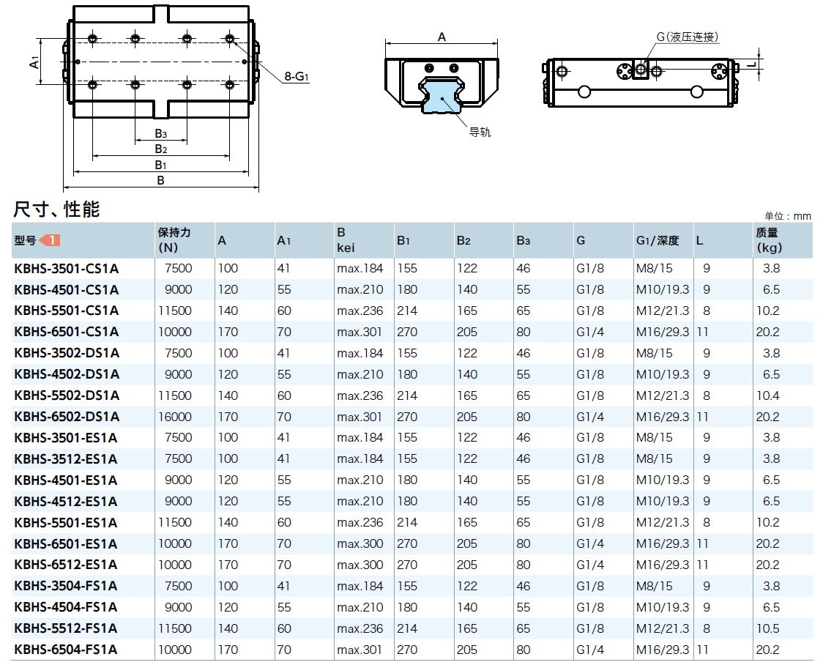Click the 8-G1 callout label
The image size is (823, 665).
click(x=297, y=76)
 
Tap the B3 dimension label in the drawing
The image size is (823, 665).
click(x=161, y=133)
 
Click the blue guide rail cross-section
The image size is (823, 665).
click(x=442, y=95)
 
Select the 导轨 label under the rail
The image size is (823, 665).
click(x=480, y=132)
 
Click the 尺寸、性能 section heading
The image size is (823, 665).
click(x=56, y=209)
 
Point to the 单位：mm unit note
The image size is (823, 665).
click(x=788, y=216)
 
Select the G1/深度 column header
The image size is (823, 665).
click(x=657, y=240)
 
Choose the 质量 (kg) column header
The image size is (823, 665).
click(x=768, y=239)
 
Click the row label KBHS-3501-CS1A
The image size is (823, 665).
click(x=66, y=268)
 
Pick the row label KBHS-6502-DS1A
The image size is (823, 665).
click(x=67, y=417)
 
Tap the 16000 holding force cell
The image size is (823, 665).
click(x=175, y=417)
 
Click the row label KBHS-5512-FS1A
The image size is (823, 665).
click(x=66, y=628)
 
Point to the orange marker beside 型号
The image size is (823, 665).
click(x=51, y=240)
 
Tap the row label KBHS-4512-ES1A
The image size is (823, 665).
click(x=66, y=501)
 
